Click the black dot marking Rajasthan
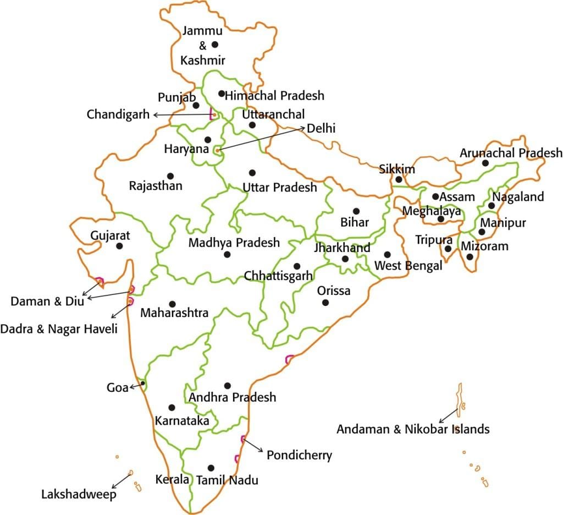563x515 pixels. tap(170, 176)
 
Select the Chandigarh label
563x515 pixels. tap(118, 114)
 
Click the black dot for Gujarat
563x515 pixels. tap(119, 246)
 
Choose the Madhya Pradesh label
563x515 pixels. tap(234, 242)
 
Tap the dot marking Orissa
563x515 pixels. tap(325, 303)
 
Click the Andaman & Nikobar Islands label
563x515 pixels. tap(413, 429)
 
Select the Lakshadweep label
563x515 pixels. tap(79, 495)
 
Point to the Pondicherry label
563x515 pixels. tap(299, 455)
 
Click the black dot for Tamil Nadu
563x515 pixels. tap(211, 468)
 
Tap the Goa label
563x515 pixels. tap(116, 387)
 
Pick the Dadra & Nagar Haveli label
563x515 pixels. tap(59, 329)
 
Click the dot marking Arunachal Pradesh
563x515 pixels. tap(485, 163)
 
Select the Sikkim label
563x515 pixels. tap(397, 169)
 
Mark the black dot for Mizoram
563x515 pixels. tap(470, 257)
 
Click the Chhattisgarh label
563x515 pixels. tap(278, 275)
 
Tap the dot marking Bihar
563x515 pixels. tap(356, 211)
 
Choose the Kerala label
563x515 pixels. tap(172, 479)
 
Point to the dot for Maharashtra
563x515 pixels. tap(172, 304)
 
